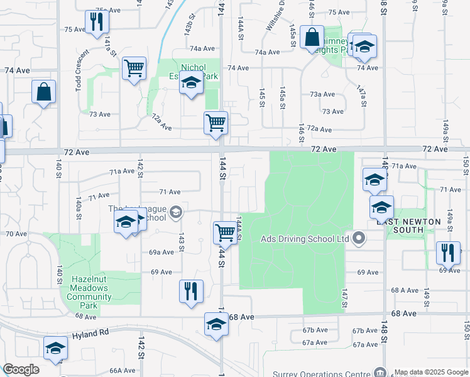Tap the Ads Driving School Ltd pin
[x=359, y=239]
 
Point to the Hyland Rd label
[x=90, y=334]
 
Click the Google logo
[x=21, y=369]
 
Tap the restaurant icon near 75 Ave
[x=97, y=23]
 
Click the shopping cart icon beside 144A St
[x=225, y=232]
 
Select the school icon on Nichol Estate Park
[x=191, y=83]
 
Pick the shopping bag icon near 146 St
[x=312, y=37]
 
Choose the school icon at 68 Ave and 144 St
[x=216, y=324]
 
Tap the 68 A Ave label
[x=405, y=290]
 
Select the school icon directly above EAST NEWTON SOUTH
[x=381, y=206]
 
